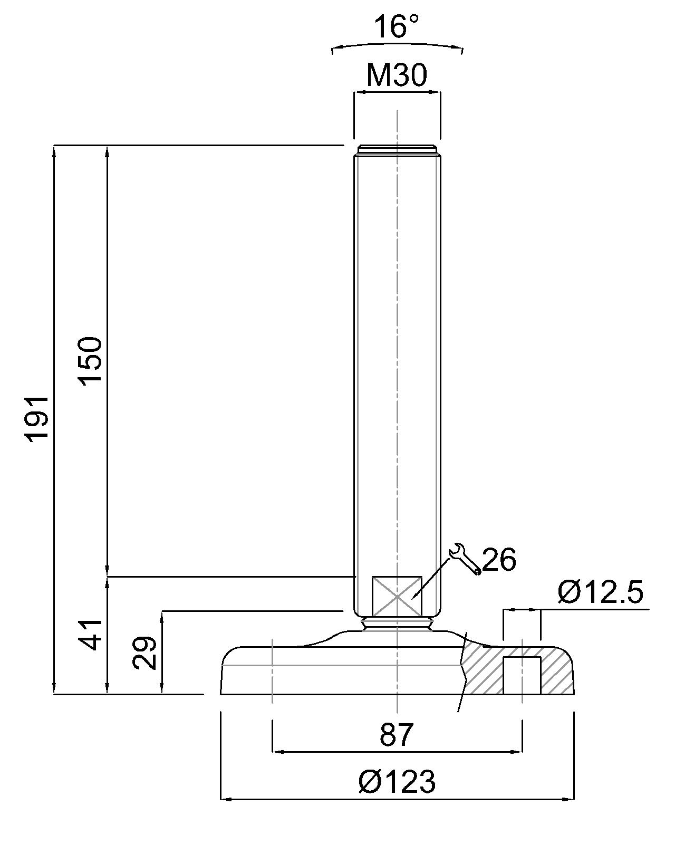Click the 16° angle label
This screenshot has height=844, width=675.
click(x=397, y=27)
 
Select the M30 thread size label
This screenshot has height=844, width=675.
click(x=397, y=75)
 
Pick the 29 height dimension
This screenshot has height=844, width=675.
click(x=145, y=653)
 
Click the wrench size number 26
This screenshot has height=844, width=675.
click(x=499, y=560)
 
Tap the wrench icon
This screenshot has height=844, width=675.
click(x=465, y=559)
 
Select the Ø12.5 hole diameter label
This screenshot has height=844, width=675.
click(x=600, y=593)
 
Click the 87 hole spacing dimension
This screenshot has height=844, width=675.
click(x=397, y=734)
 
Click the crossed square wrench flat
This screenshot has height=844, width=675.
click(x=397, y=596)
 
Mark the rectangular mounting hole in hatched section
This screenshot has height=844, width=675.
click(x=522, y=675)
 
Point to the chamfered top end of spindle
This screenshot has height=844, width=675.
click(x=397, y=149)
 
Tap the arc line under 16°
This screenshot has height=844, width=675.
click(x=397, y=45)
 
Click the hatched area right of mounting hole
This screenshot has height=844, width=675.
click(x=556, y=673)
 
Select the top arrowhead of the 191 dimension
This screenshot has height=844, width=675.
click(x=54, y=150)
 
